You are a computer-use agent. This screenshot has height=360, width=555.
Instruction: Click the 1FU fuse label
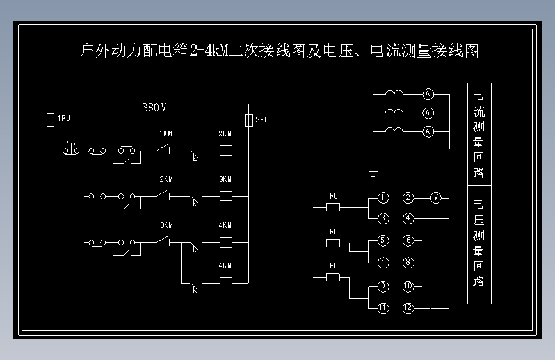pos(63,119)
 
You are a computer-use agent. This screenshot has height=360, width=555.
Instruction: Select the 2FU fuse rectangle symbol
pos(249,120)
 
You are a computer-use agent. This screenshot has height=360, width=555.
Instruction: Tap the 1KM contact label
pos(165,135)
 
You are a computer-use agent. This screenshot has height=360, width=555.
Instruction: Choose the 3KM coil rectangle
pos(225,196)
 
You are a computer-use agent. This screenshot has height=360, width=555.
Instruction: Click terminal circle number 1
pos(383,197)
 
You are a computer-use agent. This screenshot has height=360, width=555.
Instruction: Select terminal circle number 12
pos(408,308)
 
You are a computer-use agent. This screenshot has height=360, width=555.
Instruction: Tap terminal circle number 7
pos(383,263)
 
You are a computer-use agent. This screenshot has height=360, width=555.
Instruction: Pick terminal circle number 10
pos(408,286)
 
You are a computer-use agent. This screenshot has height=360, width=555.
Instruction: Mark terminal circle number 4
pos(408,218)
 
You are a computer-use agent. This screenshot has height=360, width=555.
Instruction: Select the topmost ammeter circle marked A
pos(428,94)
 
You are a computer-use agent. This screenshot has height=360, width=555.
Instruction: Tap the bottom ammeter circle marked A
pos(428,132)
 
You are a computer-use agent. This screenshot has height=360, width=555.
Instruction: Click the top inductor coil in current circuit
pos(394,93)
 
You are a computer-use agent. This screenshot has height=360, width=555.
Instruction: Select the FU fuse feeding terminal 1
pos(333,207)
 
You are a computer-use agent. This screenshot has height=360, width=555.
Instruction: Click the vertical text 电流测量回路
pos(479,133)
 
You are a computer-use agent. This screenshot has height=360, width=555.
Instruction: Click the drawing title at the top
pos(278,51)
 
